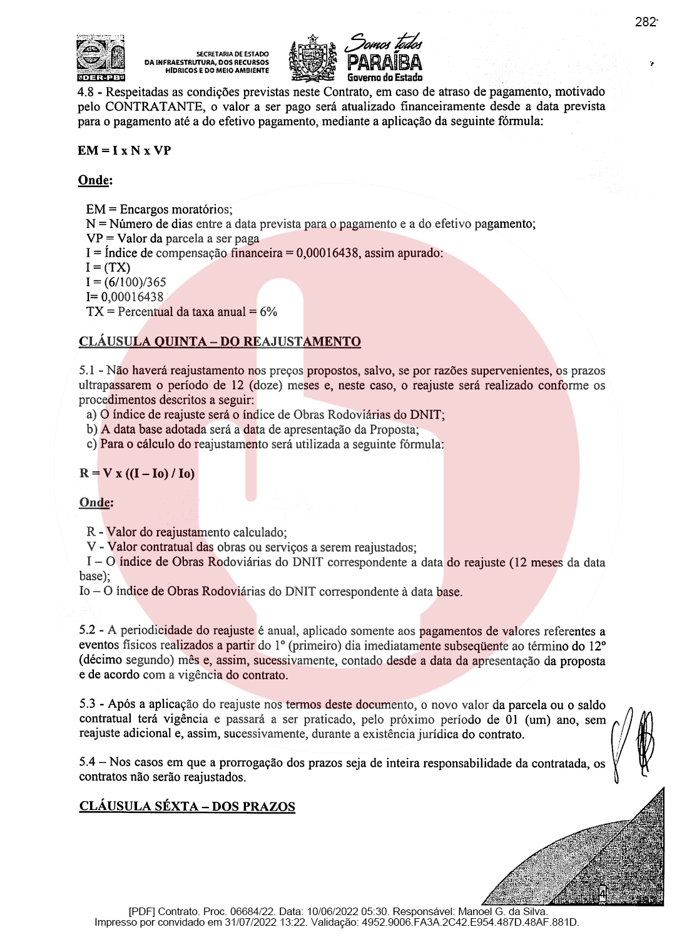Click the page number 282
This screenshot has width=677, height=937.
coord(646,23)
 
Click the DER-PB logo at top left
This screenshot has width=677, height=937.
coord(101,59)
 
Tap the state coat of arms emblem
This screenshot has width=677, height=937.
coord(312,59)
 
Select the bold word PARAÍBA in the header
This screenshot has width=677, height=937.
coord(385,63)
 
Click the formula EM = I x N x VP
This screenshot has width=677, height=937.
coord(124,151)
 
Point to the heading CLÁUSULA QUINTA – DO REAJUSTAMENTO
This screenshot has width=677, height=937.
coord(220,342)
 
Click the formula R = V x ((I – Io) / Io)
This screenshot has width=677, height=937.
coord(137,474)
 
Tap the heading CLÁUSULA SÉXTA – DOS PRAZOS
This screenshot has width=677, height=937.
coord(187,807)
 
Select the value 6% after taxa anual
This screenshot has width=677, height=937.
coord(268,312)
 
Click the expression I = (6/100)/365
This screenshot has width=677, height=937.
coord(126,282)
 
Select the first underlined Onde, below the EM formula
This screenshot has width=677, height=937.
coord(95,180)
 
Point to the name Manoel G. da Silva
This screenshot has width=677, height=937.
coord(502,912)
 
